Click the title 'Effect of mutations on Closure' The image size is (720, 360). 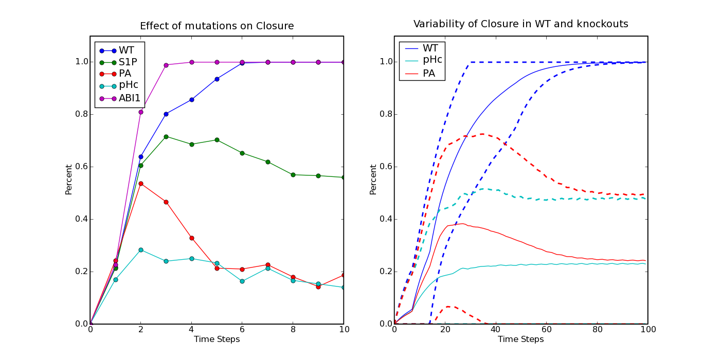(x=217, y=26)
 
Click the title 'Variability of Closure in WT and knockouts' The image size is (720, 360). (x=520, y=24)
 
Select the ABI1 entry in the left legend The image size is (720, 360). (x=119, y=98)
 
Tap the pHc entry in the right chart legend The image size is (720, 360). (x=423, y=60)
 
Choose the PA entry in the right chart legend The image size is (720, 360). (x=420, y=74)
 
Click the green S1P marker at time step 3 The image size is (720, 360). (x=166, y=137)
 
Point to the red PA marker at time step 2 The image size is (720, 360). (x=141, y=184)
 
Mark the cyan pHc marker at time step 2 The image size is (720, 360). (x=141, y=250)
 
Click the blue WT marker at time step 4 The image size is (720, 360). (x=191, y=100)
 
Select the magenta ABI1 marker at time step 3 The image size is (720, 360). (x=166, y=65)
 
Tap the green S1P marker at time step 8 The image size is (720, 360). (x=293, y=175)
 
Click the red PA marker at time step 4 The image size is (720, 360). (x=191, y=238)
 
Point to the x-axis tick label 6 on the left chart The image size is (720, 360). (x=242, y=330)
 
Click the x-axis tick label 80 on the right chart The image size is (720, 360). (x=598, y=330)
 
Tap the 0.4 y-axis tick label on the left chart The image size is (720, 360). (x=81, y=219)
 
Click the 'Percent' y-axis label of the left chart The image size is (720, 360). (x=68, y=179)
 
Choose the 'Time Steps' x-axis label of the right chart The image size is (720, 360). (x=520, y=339)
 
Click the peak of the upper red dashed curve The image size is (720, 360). (x=482, y=134)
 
